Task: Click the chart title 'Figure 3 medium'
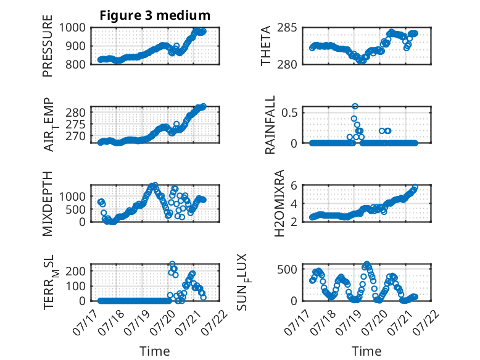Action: coord(155,15)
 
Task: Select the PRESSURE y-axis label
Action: coord(48,46)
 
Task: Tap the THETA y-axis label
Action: coord(266,46)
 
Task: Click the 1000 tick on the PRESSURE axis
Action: coord(72,28)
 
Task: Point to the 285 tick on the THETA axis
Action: coord(287,28)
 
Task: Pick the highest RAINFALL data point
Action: coord(355,106)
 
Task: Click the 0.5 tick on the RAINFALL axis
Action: coord(289,112)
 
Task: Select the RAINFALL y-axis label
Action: coord(270,125)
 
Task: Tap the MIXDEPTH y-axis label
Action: coord(48,203)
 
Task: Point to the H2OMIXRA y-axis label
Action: coord(279,203)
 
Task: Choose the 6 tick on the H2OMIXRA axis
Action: coord(294,185)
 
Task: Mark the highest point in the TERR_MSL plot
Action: coord(172,264)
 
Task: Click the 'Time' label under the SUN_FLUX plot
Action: coord(366,351)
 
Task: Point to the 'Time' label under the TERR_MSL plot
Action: coord(155,351)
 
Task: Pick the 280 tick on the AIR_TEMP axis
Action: coord(77,112)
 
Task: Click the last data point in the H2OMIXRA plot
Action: coord(415,187)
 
